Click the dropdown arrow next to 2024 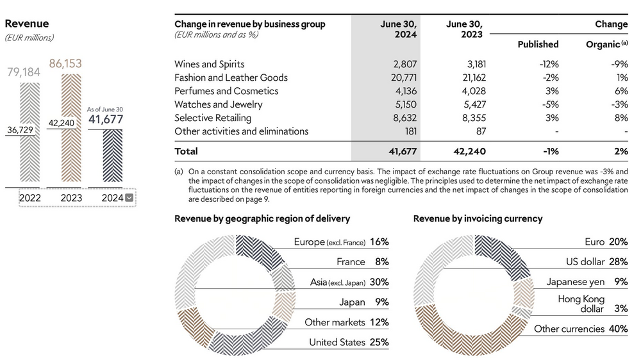(x=129, y=198)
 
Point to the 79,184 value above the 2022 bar (x=23, y=72)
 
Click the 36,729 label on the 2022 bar (x=22, y=129)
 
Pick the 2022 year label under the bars (x=29, y=198)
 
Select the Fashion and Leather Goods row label (x=231, y=78)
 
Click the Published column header (x=538, y=44)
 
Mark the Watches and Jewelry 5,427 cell (x=468, y=104)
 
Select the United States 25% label (x=349, y=342)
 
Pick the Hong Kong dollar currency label (x=581, y=304)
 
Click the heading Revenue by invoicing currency (x=478, y=218)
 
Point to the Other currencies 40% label (x=581, y=329)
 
